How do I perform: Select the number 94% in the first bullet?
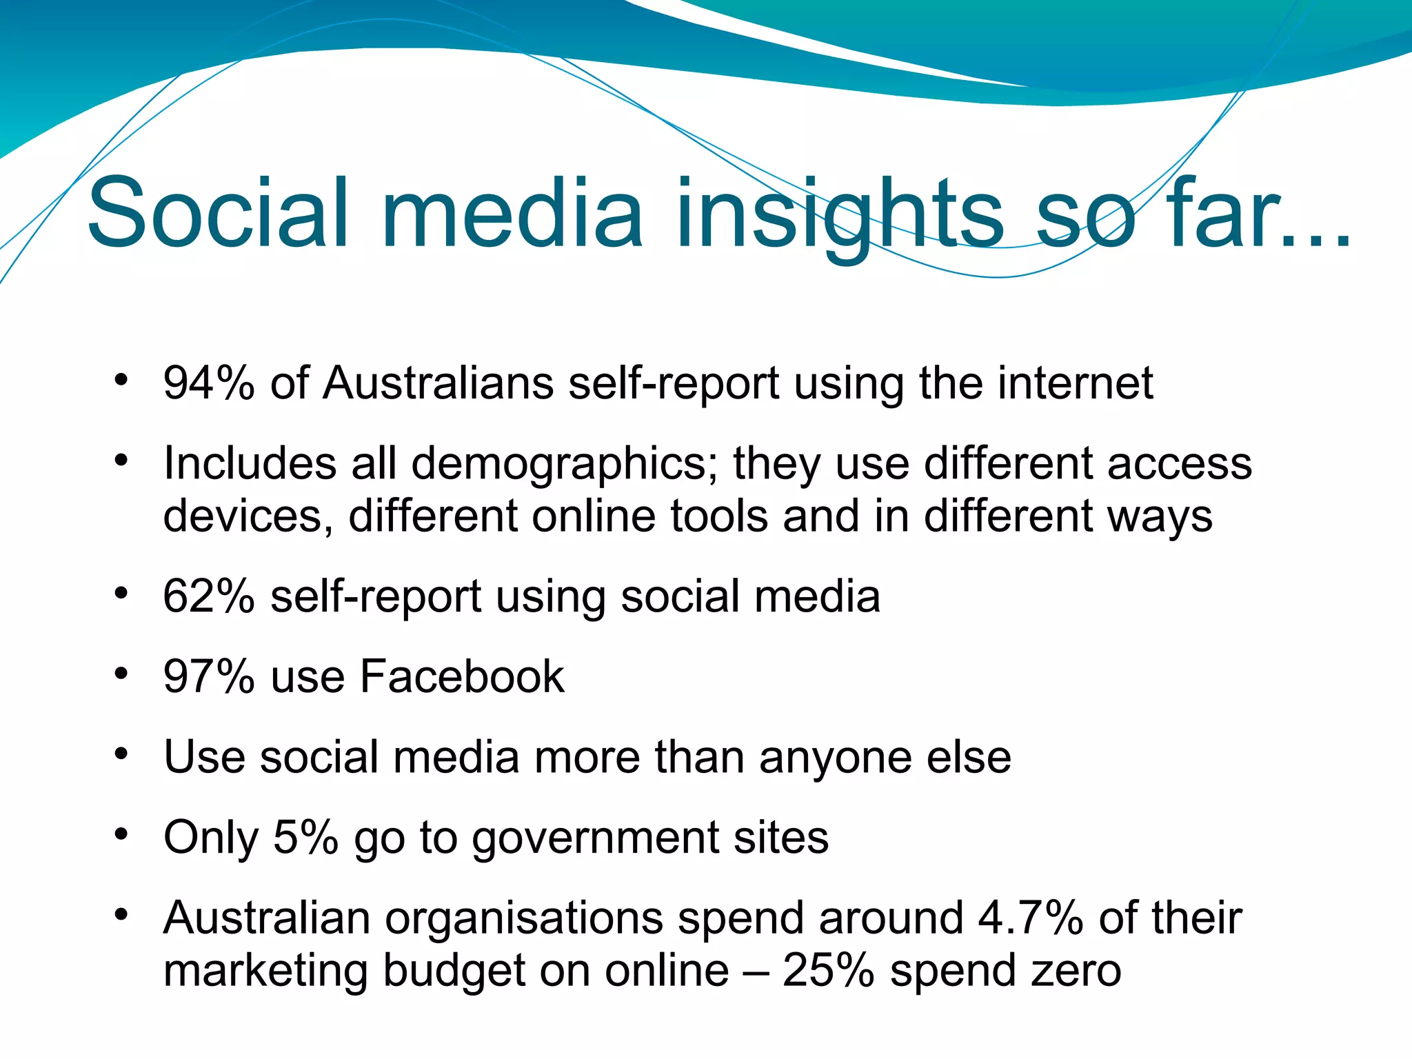pos(209,383)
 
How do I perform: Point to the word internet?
pos(1076,383)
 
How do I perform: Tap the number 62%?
pos(209,596)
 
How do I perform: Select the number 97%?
pos(209,676)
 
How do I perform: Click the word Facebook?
pos(462,676)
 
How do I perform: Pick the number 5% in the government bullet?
pos(305,838)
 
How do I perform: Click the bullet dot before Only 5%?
pos(121,834)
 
